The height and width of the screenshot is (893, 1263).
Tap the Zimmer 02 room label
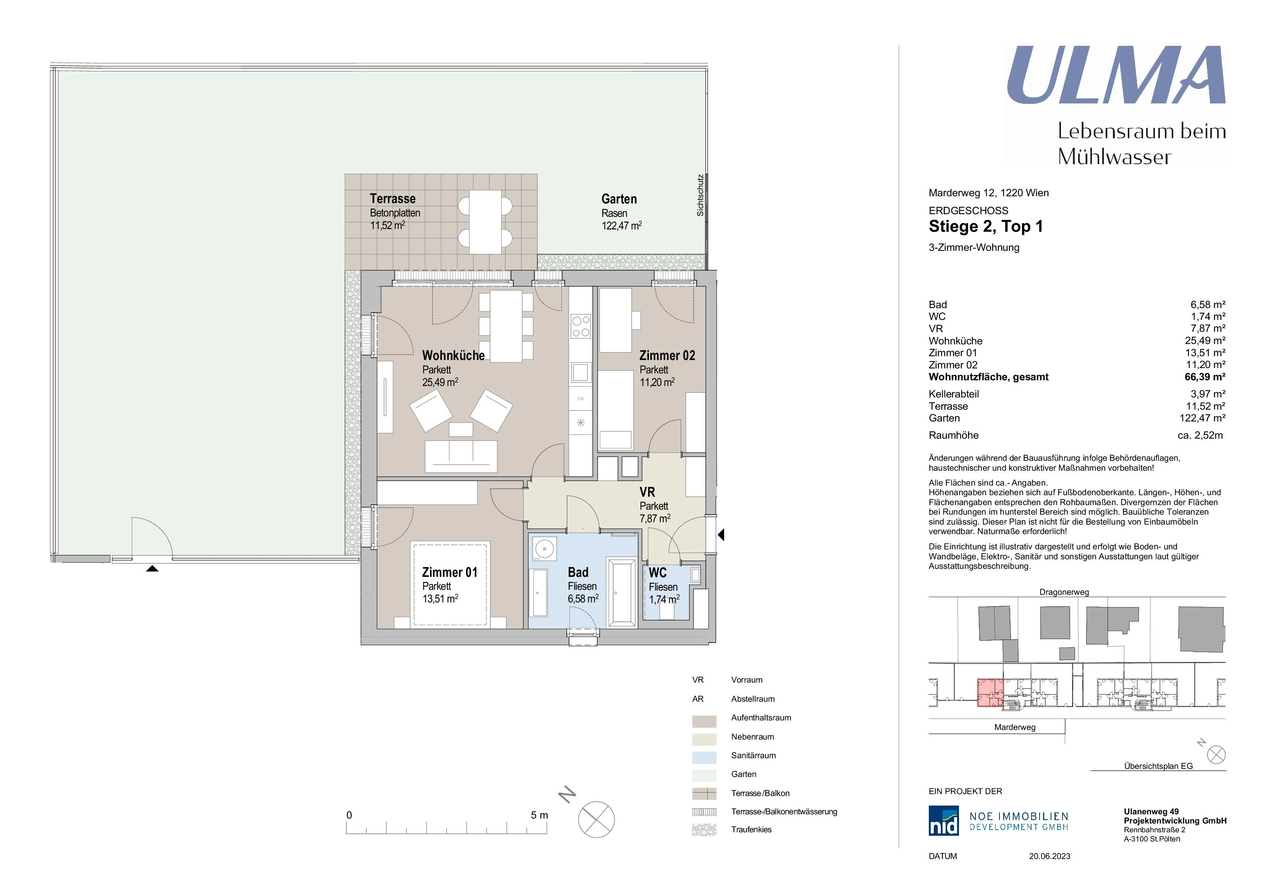pyautogui.click(x=667, y=356)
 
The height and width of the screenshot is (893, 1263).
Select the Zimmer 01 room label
pyautogui.click(x=450, y=572)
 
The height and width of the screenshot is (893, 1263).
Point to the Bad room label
pyautogui.click(x=578, y=572)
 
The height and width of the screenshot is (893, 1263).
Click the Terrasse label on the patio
pyautogui.click(x=393, y=199)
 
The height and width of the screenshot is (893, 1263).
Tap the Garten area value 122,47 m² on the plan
pyautogui.click(x=622, y=226)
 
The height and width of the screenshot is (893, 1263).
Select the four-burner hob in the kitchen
pyautogui.click(x=581, y=326)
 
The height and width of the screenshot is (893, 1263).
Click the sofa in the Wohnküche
pyautogui.click(x=461, y=456)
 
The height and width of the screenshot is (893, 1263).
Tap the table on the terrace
pyautogui.click(x=485, y=222)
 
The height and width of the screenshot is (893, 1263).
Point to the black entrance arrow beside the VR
pyautogui.click(x=721, y=535)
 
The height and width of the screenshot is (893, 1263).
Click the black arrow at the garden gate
pyautogui.click(x=152, y=568)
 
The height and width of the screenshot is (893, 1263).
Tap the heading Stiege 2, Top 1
pyautogui.click(x=986, y=226)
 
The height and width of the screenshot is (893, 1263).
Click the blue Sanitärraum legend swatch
pyautogui.click(x=704, y=757)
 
